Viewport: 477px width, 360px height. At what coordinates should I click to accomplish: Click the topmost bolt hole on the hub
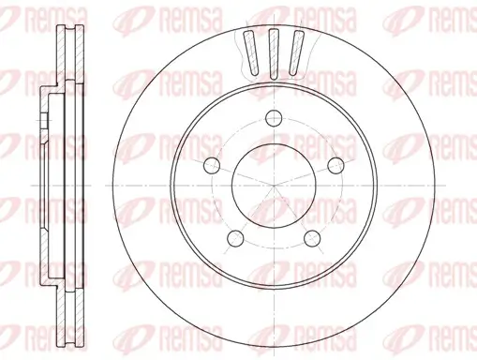click(273, 117)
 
